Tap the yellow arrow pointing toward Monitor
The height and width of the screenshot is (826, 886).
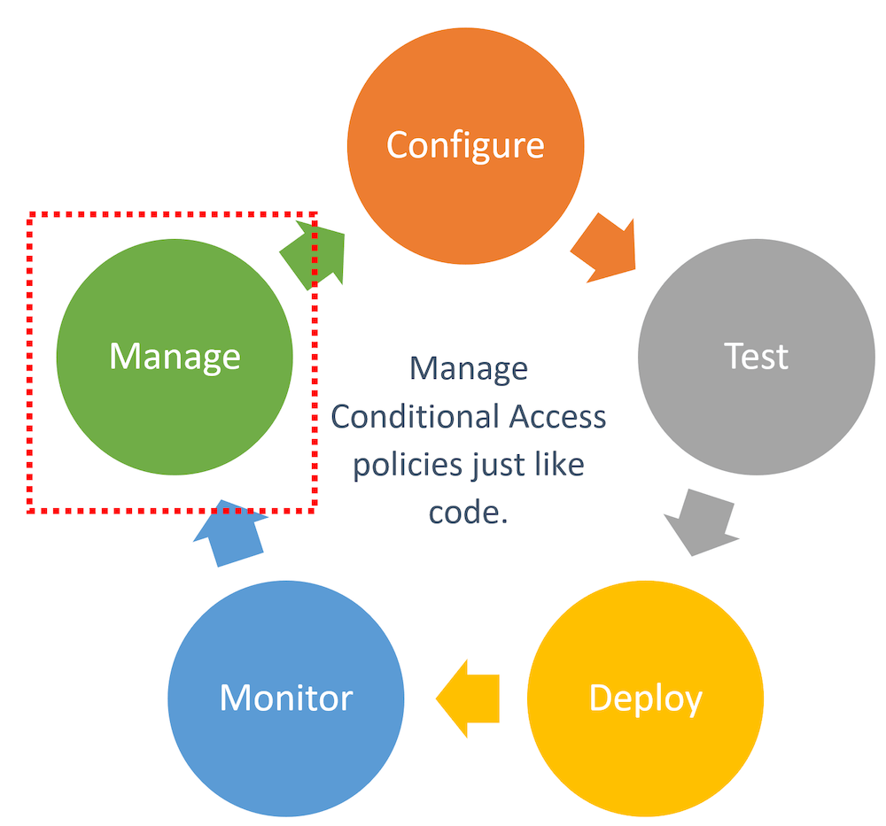(468, 698)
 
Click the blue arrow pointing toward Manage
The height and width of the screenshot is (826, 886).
(229, 533)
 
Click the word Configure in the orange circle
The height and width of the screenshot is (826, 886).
(465, 144)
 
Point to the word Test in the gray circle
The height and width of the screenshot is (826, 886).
(756, 356)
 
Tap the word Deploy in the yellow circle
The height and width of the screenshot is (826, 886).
(645, 698)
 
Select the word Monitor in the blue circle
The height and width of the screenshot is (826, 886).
(286, 698)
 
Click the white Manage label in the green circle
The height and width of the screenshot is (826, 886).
(175, 356)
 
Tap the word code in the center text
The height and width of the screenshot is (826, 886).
(462, 513)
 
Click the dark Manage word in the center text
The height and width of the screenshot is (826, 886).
(469, 367)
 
